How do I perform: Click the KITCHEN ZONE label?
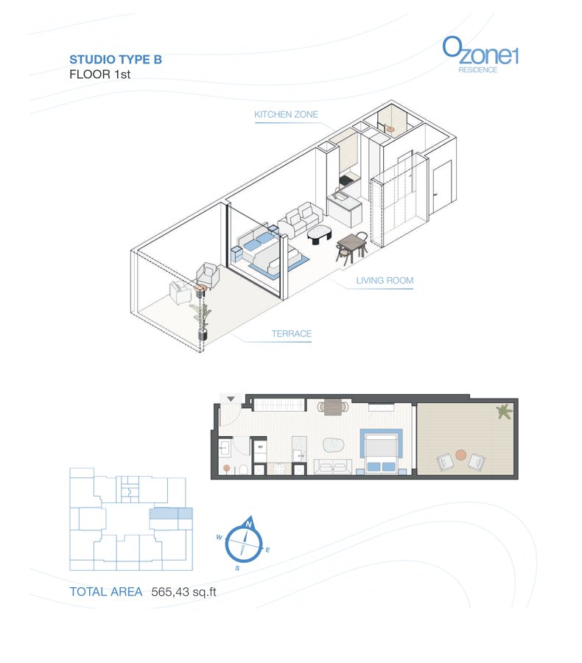coord(286,115)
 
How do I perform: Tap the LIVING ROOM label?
coord(385,281)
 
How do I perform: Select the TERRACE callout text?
coord(292,334)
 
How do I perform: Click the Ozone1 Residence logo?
coord(480,55)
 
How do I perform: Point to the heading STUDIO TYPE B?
coord(116,60)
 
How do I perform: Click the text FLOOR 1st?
coord(99,74)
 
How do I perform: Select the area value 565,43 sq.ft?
coord(183,592)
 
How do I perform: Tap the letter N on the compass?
coord(249,525)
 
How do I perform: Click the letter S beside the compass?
coord(237,568)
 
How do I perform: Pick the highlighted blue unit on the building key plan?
coord(172,513)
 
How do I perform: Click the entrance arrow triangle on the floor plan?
coord(231,399)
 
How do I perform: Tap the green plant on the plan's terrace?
coord(504,411)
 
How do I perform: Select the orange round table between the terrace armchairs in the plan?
coord(460,455)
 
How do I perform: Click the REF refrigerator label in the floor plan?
coord(260,446)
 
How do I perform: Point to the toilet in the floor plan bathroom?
coord(243,469)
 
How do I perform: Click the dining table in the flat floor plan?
coord(333,407)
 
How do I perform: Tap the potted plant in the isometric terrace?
coord(202,319)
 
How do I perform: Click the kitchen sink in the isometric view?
coord(339,195)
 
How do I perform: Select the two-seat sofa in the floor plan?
coord(333,466)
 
